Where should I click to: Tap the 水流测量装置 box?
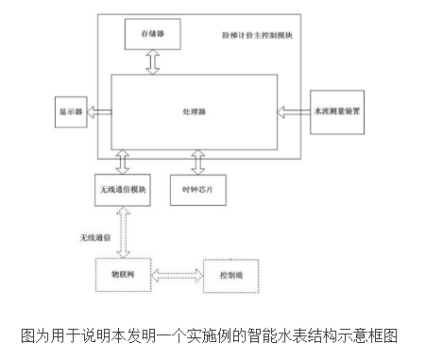tap(335, 111)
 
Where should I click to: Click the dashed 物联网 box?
tap(124, 274)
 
